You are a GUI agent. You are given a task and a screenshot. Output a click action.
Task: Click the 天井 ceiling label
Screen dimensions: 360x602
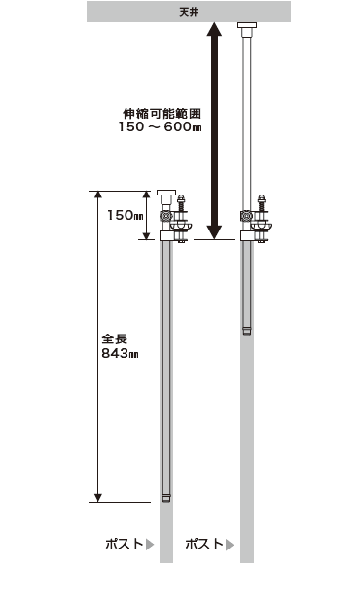(188, 12)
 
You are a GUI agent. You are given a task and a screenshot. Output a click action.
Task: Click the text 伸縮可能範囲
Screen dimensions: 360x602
(162, 113)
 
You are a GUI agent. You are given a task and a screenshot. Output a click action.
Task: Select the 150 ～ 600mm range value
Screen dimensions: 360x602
(160, 126)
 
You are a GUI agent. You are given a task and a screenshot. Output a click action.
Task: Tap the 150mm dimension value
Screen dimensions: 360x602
(126, 215)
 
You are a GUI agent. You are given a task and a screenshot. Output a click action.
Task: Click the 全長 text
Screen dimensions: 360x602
(114, 338)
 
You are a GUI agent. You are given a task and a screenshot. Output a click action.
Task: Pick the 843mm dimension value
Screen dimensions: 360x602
(120, 353)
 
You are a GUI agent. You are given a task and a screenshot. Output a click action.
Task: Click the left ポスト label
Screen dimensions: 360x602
(125, 544)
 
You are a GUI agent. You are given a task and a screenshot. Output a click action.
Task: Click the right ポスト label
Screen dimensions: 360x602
(204, 544)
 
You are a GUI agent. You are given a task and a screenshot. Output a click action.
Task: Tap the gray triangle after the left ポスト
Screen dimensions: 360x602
(150, 545)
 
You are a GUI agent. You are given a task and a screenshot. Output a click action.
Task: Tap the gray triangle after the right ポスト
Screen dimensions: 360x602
(230, 545)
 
